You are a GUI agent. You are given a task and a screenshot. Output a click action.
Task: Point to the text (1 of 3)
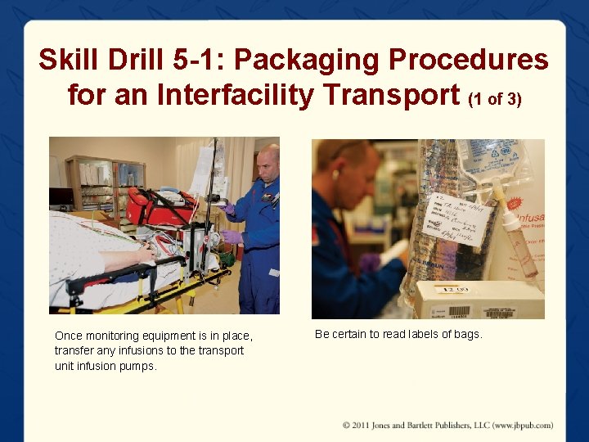pos(494,99)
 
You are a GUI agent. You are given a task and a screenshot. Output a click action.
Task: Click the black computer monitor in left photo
pos(61,197)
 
